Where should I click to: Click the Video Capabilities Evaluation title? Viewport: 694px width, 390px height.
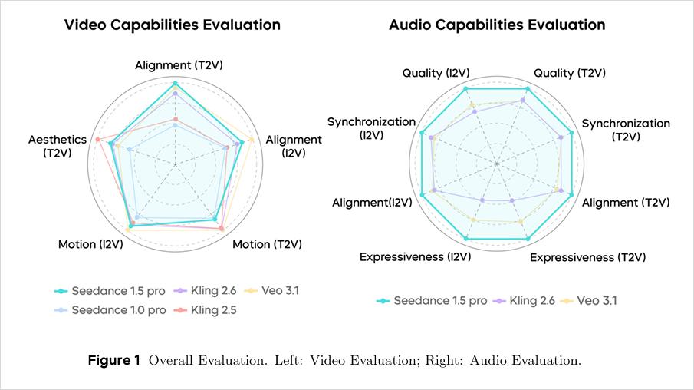(172, 25)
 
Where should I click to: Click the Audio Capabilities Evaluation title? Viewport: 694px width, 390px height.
(497, 25)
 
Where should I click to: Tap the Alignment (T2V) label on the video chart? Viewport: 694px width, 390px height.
(184, 65)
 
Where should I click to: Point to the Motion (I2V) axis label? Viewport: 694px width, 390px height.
(90, 244)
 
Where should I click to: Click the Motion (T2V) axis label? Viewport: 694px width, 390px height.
(267, 244)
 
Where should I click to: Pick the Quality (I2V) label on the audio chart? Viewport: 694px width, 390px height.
(436, 73)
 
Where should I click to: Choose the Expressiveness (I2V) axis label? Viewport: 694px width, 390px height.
(415, 256)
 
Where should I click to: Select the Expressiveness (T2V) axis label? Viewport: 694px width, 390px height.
(587, 256)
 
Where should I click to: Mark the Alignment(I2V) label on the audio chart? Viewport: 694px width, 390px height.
(372, 203)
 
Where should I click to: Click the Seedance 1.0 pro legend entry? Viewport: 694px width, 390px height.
(118, 309)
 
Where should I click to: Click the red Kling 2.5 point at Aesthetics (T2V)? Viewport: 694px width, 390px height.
(97, 139)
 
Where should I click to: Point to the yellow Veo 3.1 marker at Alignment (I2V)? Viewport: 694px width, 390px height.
(252, 138)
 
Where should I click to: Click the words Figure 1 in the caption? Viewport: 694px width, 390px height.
(114, 360)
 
